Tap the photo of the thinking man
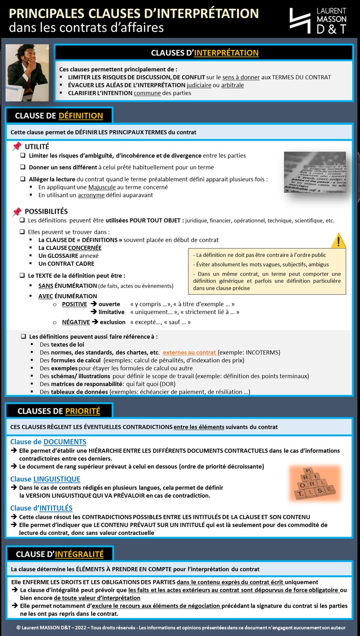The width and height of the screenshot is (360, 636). click(x=27, y=72)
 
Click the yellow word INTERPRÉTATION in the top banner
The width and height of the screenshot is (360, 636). click(x=226, y=53)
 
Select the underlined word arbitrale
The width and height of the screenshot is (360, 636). click(x=232, y=85)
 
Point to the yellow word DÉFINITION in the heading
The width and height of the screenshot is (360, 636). click(x=81, y=116)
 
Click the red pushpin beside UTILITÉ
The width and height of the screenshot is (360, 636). click(x=17, y=146)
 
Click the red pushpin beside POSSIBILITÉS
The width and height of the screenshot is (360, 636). click(x=17, y=212)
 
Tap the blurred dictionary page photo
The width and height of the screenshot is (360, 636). click(x=315, y=172)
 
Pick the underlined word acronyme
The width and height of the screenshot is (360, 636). click(x=91, y=195)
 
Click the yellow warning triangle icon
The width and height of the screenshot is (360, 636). click(x=338, y=241)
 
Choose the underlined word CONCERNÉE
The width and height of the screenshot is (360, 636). click(x=85, y=248)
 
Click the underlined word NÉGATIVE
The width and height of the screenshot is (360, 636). click(x=76, y=322)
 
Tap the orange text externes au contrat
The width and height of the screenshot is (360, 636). click(x=189, y=352)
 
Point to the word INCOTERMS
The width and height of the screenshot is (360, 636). click(x=262, y=352)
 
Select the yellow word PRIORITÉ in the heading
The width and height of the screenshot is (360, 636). click(x=82, y=411)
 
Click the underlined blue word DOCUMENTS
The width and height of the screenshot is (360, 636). click(x=65, y=442)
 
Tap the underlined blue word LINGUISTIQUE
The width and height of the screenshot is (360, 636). click(x=57, y=479)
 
